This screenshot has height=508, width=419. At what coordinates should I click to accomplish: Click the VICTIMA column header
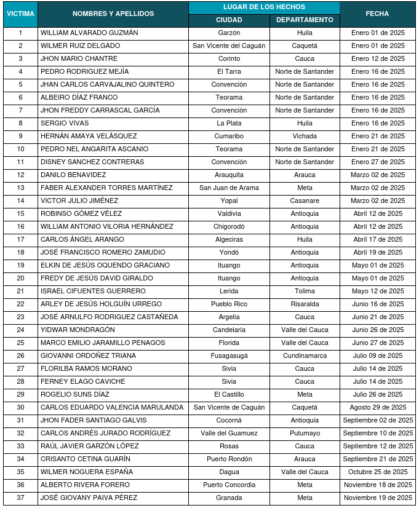pos(20,14)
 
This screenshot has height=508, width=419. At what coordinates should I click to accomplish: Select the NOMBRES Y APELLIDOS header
pos(113,14)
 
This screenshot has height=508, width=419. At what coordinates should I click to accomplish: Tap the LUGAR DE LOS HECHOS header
pos(264,7)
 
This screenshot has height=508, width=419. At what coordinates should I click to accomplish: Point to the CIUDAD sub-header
pos(229,20)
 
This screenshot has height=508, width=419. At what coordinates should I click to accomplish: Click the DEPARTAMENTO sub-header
pos(305,20)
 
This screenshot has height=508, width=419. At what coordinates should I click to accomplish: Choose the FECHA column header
pos(377,14)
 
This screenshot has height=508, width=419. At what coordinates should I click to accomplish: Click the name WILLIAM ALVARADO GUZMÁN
pos(89,33)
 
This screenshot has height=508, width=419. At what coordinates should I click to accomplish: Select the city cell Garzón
pos(229,33)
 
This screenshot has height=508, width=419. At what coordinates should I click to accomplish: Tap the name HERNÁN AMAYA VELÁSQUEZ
pos(89,136)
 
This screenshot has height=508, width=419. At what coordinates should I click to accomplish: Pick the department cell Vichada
pos(305,136)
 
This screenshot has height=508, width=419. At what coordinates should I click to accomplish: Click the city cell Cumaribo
pos(229,136)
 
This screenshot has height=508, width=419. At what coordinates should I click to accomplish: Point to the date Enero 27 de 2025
pos(378,162)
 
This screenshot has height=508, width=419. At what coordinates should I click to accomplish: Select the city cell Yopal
pos(229,200)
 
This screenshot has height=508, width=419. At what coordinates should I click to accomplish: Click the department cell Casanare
pos(305,200)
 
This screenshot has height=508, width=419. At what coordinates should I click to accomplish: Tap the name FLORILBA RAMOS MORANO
pos(86,368)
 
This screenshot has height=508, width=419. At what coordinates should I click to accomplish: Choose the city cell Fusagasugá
pos(229,355)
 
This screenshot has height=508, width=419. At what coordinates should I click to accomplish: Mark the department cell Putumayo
pos(305,433)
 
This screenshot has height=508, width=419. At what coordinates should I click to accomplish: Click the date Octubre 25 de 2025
pos(378,472)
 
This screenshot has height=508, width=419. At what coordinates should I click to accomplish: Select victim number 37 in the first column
pos(20,498)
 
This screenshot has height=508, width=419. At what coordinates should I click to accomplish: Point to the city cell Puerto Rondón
pos(229,459)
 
